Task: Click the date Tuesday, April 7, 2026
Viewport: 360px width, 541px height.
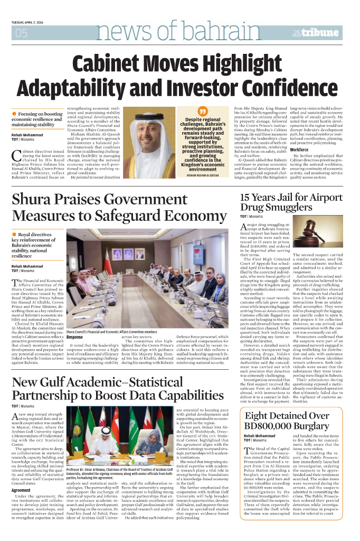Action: point(31,23)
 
